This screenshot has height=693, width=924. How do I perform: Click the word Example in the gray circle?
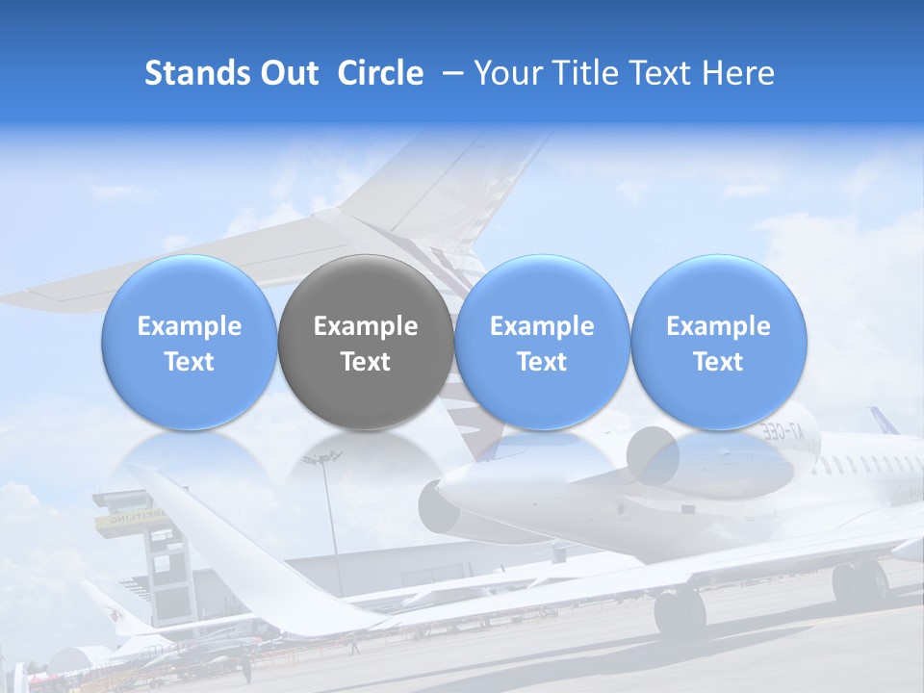[x=366, y=326]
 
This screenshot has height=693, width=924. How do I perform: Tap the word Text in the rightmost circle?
[x=718, y=362]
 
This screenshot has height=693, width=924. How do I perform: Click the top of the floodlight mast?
[x=321, y=457]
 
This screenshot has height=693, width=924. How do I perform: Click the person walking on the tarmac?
[x=353, y=646]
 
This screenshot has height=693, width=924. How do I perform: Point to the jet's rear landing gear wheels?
[x=859, y=583]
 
